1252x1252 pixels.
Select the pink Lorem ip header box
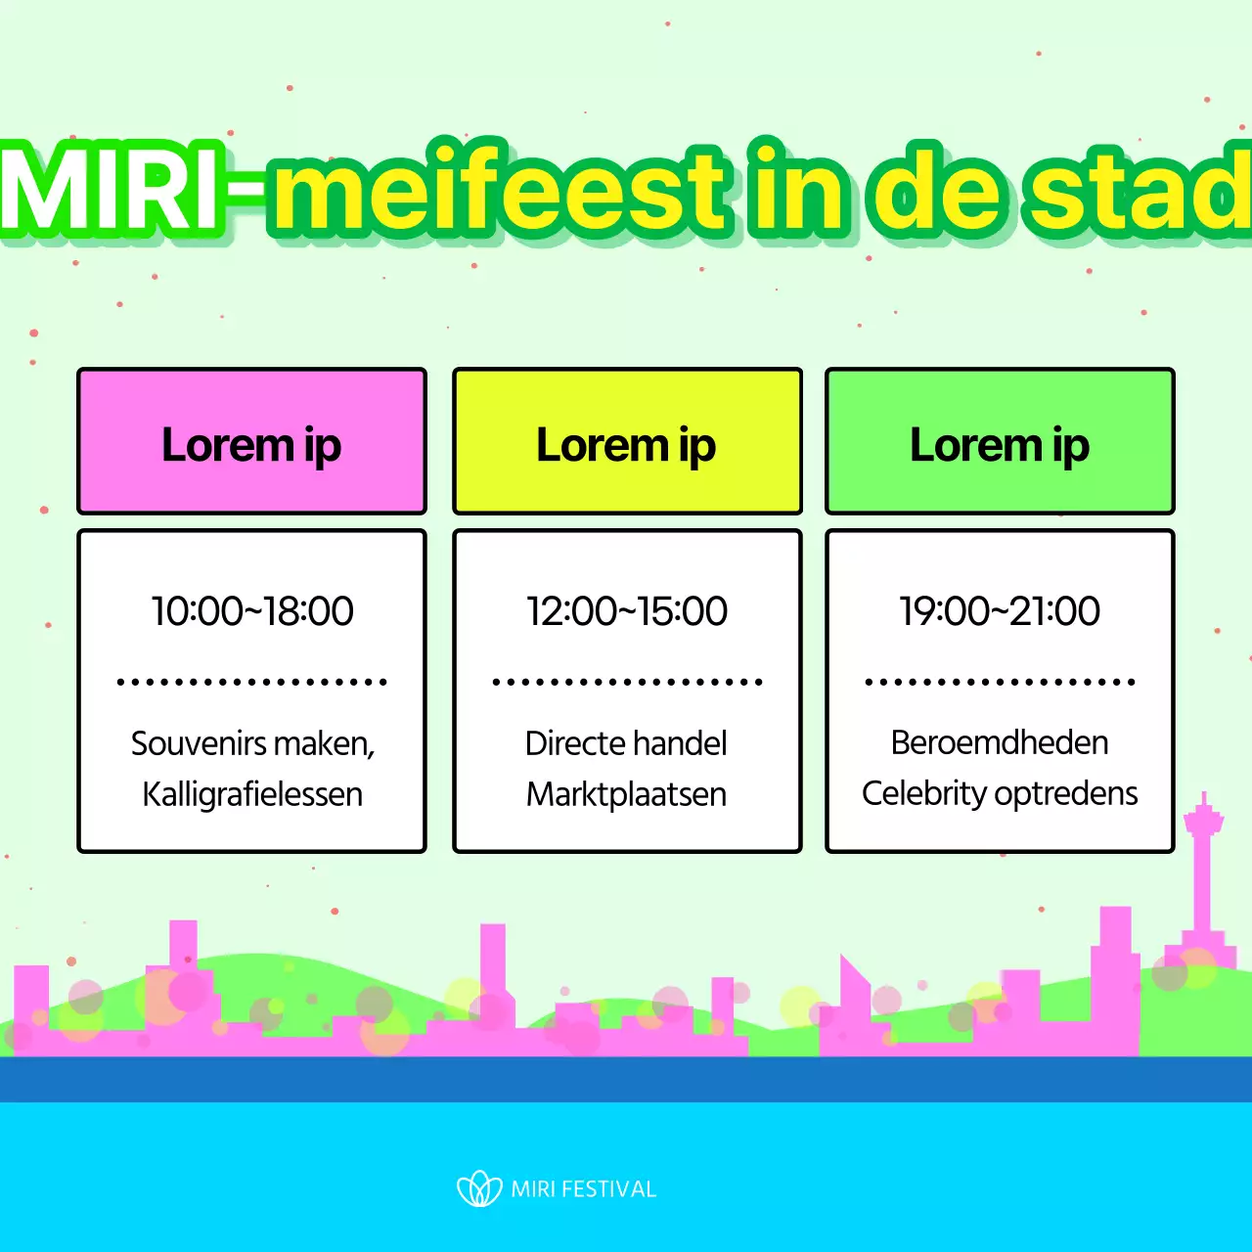pyautogui.click(x=251, y=442)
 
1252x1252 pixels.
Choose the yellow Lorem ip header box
pyautogui.click(x=626, y=442)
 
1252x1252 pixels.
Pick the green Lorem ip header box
pyautogui.click(x=1000, y=442)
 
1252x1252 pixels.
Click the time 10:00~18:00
pyautogui.click(x=251, y=611)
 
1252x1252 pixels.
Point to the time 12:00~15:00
pyautogui.click(x=626, y=611)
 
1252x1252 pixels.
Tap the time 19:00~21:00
pyautogui.click(x=1000, y=611)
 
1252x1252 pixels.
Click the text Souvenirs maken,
pyautogui.click(x=252, y=744)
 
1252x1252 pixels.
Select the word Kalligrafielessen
pyautogui.click(x=251, y=794)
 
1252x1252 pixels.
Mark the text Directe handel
pyautogui.click(x=626, y=743)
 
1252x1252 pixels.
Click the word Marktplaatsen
pyautogui.click(x=626, y=794)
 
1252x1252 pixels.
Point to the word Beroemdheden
pyautogui.click(x=1000, y=742)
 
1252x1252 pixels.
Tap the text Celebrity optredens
pyautogui.click(x=1000, y=793)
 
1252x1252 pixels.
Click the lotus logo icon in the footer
pyautogui.click(x=479, y=1188)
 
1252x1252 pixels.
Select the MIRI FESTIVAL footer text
pyautogui.click(x=583, y=1189)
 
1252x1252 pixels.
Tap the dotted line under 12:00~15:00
pyautogui.click(x=626, y=682)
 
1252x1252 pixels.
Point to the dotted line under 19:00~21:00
pyautogui.click(x=1000, y=682)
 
